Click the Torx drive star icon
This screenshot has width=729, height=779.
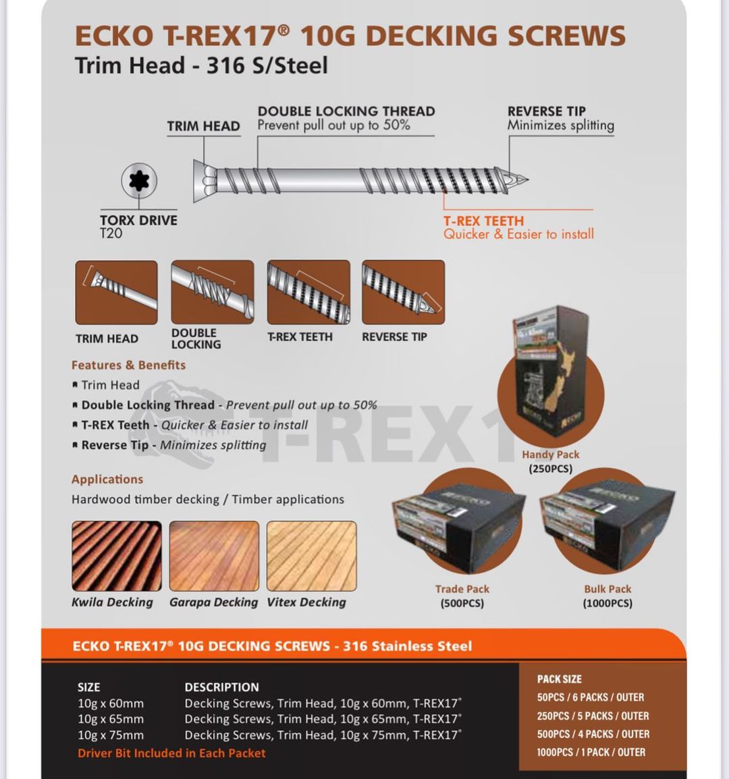(139, 180)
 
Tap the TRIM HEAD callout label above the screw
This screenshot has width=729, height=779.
(203, 126)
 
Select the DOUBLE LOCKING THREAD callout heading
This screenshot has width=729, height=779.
(346, 111)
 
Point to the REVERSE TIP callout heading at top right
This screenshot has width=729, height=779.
(546, 111)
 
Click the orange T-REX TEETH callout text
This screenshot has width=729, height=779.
(483, 221)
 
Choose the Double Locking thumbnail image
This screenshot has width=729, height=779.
(213, 292)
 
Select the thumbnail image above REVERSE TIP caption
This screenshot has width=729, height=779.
(403, 292)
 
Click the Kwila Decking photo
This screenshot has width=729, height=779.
(117, 556)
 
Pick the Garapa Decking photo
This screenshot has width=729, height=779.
(214, 556)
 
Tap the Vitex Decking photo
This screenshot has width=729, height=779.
(311, 556)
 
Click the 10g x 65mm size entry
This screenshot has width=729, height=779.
(111, 719)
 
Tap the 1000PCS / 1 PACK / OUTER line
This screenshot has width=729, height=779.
(591, 752)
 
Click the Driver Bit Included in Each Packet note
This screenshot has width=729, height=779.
(171, 753)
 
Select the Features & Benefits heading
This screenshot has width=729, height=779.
(128, 365)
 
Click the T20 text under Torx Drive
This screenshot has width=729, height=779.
(111, 233)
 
